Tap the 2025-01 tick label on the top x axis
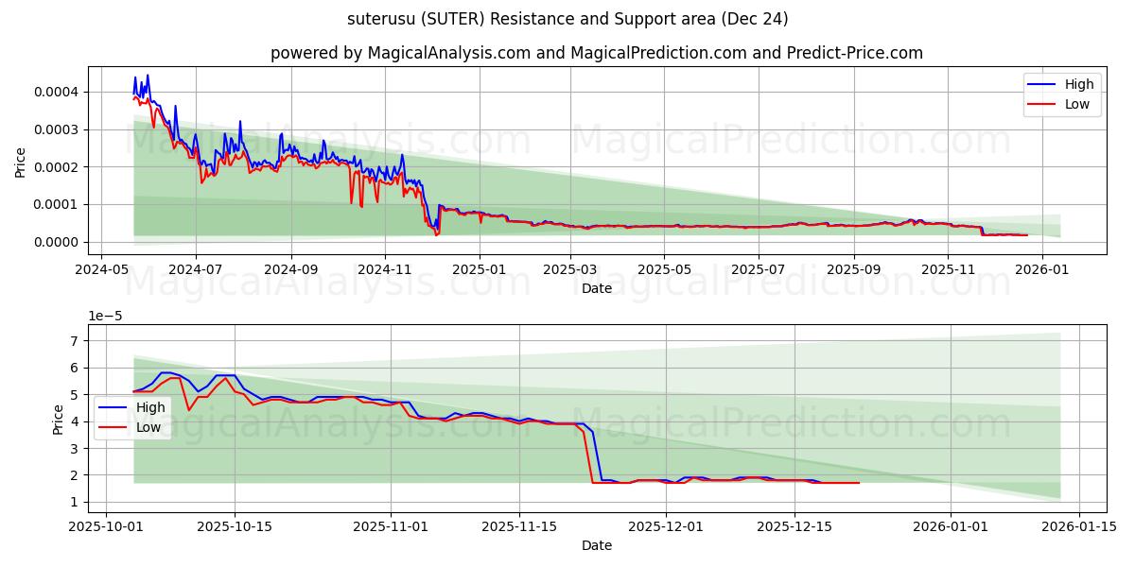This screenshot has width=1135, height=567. pos(480,268)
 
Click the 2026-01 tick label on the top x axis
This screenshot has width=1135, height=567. pos(1042,268)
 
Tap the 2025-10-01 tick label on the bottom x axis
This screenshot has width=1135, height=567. pos(105,526)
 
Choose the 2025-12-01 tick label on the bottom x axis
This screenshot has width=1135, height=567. pos(667,526)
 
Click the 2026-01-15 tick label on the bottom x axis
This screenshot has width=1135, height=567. pos(1079,526)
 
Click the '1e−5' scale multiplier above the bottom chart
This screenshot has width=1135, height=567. pos(105,316)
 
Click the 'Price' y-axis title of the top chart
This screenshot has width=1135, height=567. pos(21,161)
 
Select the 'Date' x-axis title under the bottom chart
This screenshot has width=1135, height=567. pos(596,545)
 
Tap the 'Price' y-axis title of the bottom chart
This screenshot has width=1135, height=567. pos(59,419)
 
